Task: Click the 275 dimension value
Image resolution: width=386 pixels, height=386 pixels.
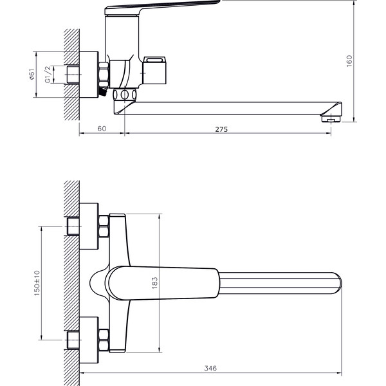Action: [x=221, y=129]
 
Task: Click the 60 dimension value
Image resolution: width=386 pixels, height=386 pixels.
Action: [x=102, y=129]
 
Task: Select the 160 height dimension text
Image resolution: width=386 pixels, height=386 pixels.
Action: [x=349, y=61]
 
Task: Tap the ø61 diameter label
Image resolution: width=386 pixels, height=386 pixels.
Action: [x=32, y=75]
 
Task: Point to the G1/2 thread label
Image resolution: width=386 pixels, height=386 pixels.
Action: [x=48, y=74]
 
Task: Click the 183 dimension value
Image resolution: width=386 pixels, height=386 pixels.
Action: [x=154, y=283]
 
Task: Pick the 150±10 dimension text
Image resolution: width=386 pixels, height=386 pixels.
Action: [x=37, y=283]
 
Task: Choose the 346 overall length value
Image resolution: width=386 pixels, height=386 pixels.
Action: [x=210, y=368]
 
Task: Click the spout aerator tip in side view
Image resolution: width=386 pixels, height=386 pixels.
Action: [x=331, y=118]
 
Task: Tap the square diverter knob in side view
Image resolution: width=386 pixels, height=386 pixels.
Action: [x=154, y=70]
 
